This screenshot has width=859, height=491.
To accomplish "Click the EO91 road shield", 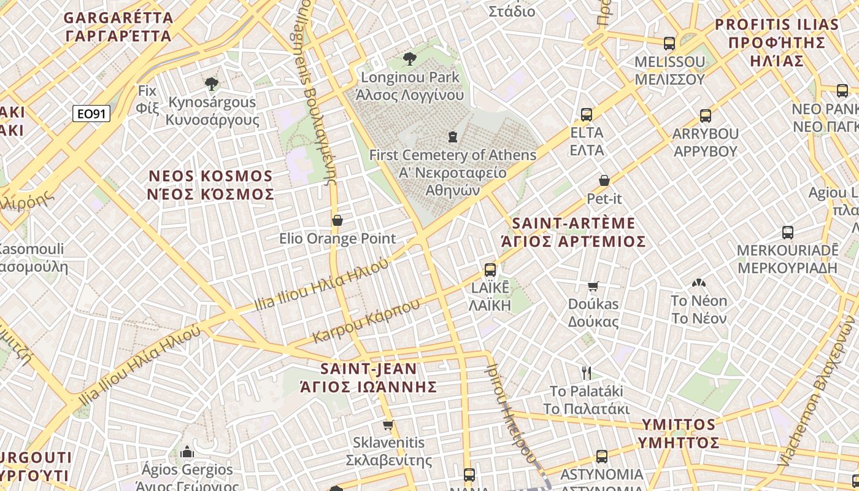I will tap(91, 114).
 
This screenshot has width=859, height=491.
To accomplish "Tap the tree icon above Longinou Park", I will tap(410, 59).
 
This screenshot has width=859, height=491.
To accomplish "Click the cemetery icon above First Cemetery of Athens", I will tap(453, 136).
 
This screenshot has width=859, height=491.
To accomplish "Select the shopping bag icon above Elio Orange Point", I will tap(337, 220).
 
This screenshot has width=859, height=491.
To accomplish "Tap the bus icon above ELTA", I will tap(587, 114).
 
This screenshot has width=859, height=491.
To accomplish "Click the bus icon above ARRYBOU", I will tap(706, 115).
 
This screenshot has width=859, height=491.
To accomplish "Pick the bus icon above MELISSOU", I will tap(669, 44).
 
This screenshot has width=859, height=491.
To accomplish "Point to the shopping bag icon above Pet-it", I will tap(604, 180).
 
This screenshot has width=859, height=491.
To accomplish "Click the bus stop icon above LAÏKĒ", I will tap(490, 269).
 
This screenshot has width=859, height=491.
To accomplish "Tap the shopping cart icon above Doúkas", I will tap(593, 286).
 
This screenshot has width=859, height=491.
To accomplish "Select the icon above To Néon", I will tap(698, 283).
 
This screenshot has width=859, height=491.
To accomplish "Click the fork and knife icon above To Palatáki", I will tap(586, 373).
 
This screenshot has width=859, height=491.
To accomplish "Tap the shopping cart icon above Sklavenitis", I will tap(388, 425).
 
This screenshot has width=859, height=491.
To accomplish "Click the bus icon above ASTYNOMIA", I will tap(602, 457).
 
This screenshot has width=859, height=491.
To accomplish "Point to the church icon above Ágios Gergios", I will tap(187, 452).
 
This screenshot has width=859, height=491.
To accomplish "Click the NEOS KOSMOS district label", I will tap(211, 185).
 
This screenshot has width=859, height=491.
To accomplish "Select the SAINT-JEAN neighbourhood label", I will tap(369, 377).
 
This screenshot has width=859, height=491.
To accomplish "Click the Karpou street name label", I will tap(366, 320).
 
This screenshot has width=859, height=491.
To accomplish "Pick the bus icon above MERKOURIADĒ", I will tap(788, 233).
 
